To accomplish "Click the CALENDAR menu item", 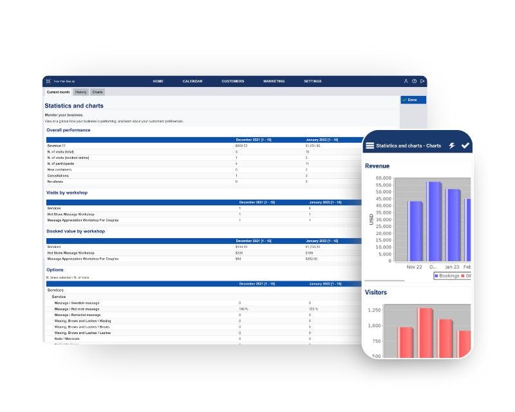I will [x=192, y=81].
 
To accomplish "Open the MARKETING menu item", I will [x=274, y=81].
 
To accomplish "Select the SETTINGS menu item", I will [x=313, y=81].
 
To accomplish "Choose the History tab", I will [x=80, y=92].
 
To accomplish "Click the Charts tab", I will [x=97, y=92].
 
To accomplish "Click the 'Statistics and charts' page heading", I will [x=74, y=106].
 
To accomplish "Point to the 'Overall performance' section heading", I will [x=68, y=130].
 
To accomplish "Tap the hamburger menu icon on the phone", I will [x=370, y=146].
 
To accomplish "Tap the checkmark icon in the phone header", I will [x=465, y=145].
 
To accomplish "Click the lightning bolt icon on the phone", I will [x=452, y=146].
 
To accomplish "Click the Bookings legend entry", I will [x=448, y=276].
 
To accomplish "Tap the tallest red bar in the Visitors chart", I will [x=424, y=332].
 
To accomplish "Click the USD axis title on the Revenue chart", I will [x=371, y=220].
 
